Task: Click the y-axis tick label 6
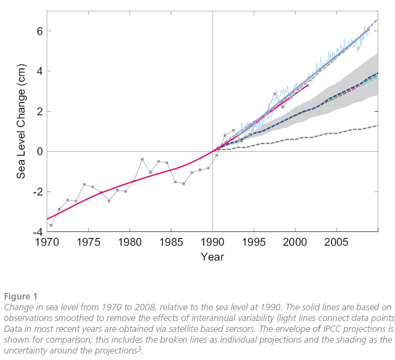(x=37, y=31)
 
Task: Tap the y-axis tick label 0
(x=37, y=152)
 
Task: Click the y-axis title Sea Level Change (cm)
(x=21, y=121)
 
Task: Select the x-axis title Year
(x=213, y=257)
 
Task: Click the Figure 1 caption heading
(x=21, y=296)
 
